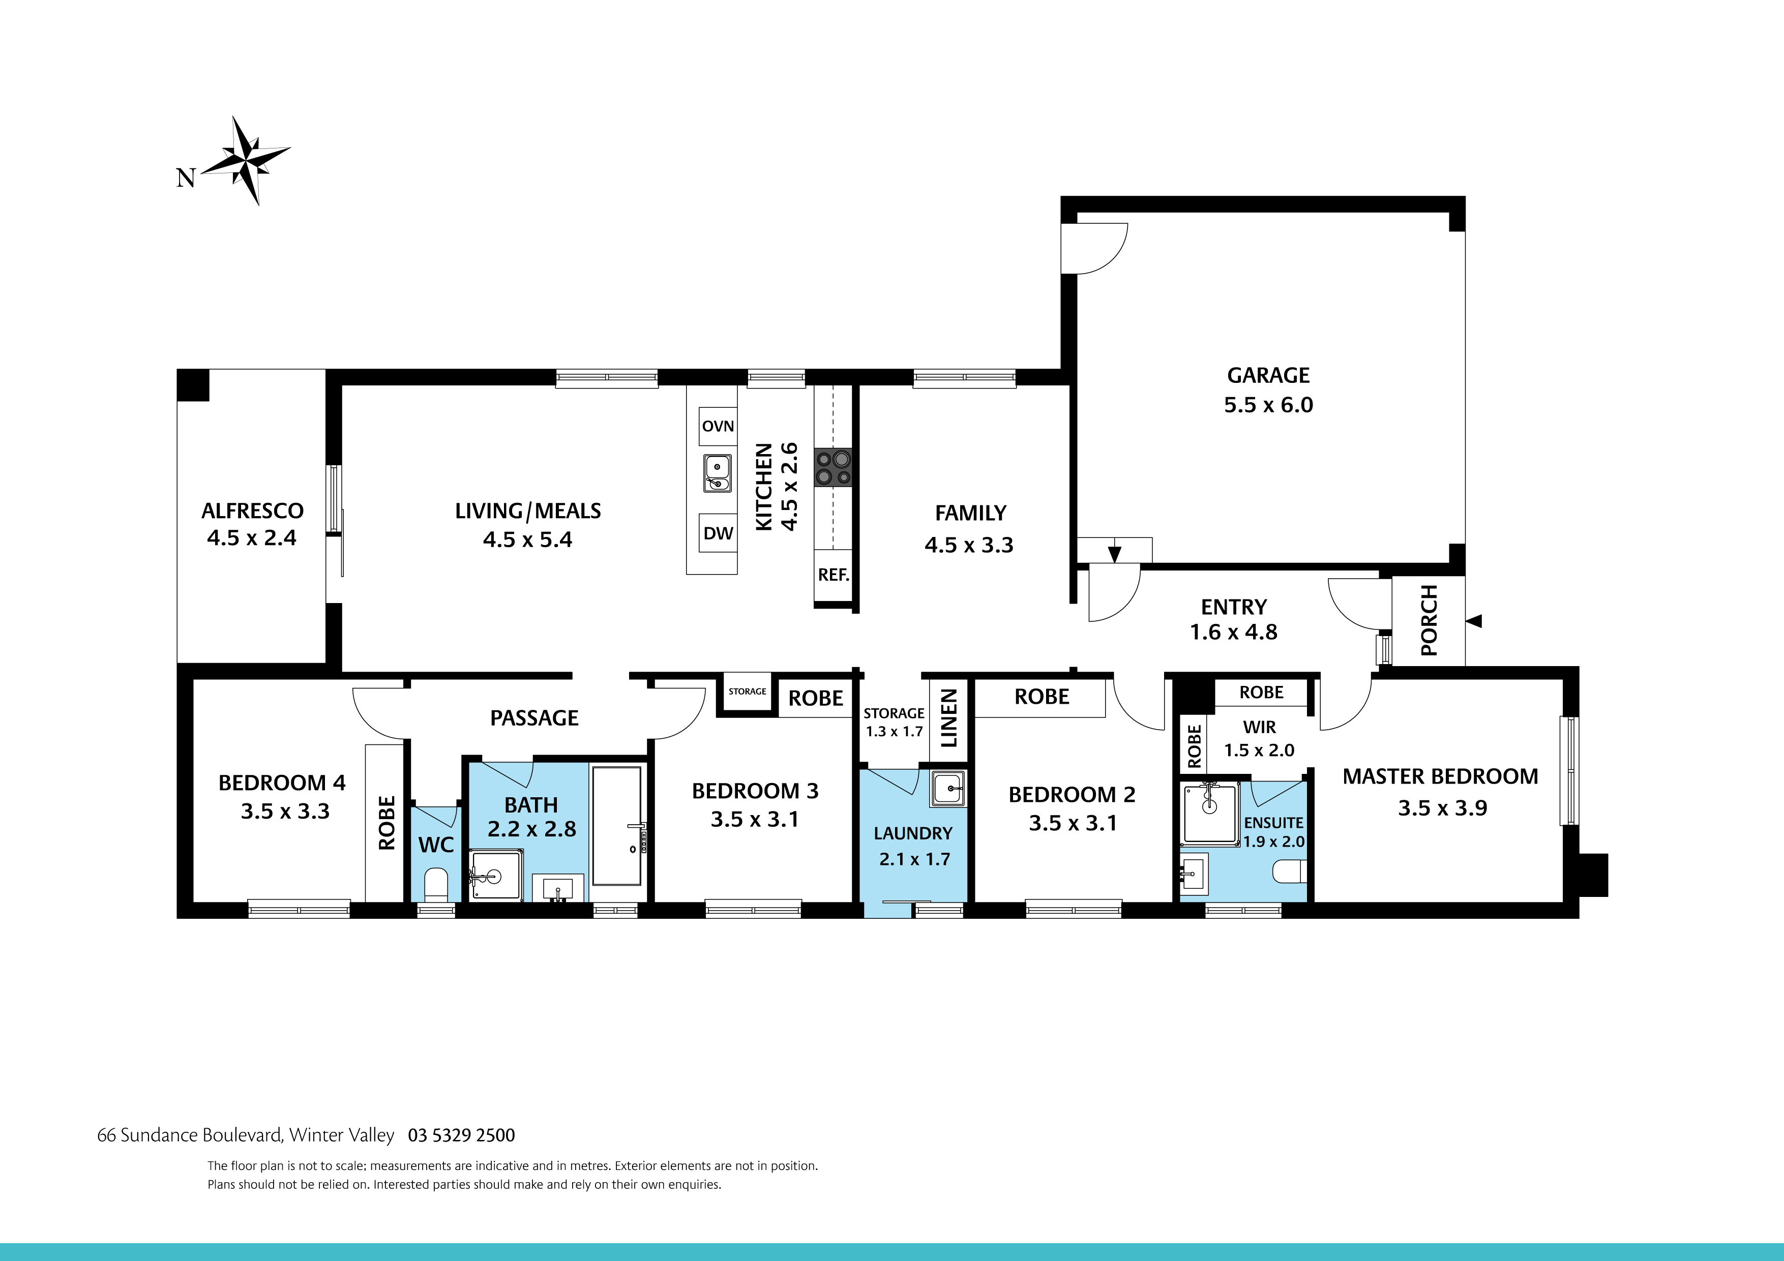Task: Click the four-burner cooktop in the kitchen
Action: coord(833,468)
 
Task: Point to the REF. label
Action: coord(833,575)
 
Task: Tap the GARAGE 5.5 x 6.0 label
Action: coord(1268,390)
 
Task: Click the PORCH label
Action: coord(1428,621)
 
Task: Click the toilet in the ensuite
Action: coord(1288,872)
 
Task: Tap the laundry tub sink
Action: coord(948,789)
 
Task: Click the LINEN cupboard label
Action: coord(949,718)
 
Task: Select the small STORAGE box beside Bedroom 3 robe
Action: coord(747,692)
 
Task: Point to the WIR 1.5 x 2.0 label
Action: coord(1259,738)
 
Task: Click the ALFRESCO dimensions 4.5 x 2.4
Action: coord(251,537)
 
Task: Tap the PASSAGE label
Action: coord(534,718)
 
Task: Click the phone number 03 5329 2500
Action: coord(462,1135)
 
